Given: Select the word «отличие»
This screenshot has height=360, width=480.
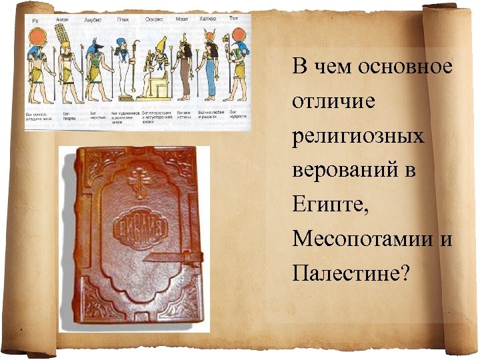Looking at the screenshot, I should click(324, 102).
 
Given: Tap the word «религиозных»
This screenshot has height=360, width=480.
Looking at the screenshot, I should click(358, 137).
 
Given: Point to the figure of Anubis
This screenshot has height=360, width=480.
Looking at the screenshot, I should click(95, 67).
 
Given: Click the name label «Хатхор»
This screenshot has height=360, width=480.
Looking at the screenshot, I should click(207, 19).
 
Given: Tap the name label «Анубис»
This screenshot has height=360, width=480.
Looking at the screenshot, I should click(93, 19).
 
